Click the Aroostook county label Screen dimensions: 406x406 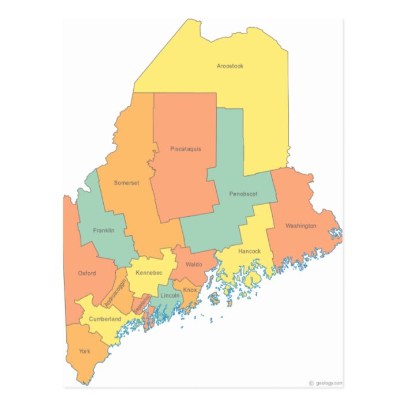click(230, 66)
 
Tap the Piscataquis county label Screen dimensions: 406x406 click(186, 149)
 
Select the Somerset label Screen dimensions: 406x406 click(126, 183)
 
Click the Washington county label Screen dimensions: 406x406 click(300, 225)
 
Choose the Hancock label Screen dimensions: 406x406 click(249, 251)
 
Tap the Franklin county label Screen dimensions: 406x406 click(104, 231)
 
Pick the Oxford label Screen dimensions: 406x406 click(87, 273)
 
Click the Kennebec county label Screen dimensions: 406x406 click(149, 272)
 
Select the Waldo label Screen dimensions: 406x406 click(193, 265)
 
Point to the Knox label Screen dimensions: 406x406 click(190, 290)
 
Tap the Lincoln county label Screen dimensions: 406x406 click(170, 295)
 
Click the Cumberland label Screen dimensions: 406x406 click(105, 319)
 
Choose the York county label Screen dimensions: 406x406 click(85, 351)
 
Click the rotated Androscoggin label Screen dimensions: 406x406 click(115, 291)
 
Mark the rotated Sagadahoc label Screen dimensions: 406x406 click(141, 304)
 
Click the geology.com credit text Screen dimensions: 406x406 click(329, 383)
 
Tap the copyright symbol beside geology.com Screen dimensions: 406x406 click(311, 383)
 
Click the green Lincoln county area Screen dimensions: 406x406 click(167, 303)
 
